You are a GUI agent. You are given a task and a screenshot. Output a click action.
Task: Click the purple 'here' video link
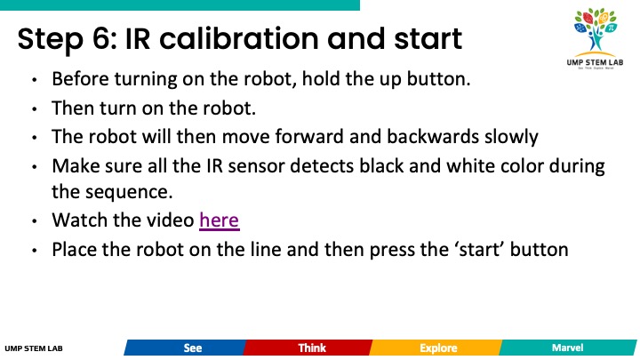click(220, 220)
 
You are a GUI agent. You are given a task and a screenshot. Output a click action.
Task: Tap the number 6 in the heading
click(100, 39)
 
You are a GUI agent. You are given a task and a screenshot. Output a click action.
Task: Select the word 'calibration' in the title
click(239, 39)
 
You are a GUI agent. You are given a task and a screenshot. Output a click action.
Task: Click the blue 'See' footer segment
click(185, 348)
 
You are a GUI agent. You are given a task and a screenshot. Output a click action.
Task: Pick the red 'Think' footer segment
click(308, 348)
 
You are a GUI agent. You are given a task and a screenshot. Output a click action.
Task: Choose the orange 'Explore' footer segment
click(436, 348)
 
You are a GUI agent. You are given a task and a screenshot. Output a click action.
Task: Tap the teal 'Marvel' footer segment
click(568, 348)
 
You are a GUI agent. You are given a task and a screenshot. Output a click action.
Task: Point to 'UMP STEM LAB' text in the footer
click(34, 348)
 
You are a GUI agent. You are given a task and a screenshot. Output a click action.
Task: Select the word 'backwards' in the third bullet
click(432, 136)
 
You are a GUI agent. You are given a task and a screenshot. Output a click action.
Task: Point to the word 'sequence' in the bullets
click(128, 192)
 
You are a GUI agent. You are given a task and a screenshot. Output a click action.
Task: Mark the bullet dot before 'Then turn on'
click(35, 109)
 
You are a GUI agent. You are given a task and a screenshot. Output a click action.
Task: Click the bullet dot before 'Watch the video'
click(35, 221)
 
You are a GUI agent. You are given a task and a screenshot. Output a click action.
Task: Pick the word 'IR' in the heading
click(138, 39)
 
